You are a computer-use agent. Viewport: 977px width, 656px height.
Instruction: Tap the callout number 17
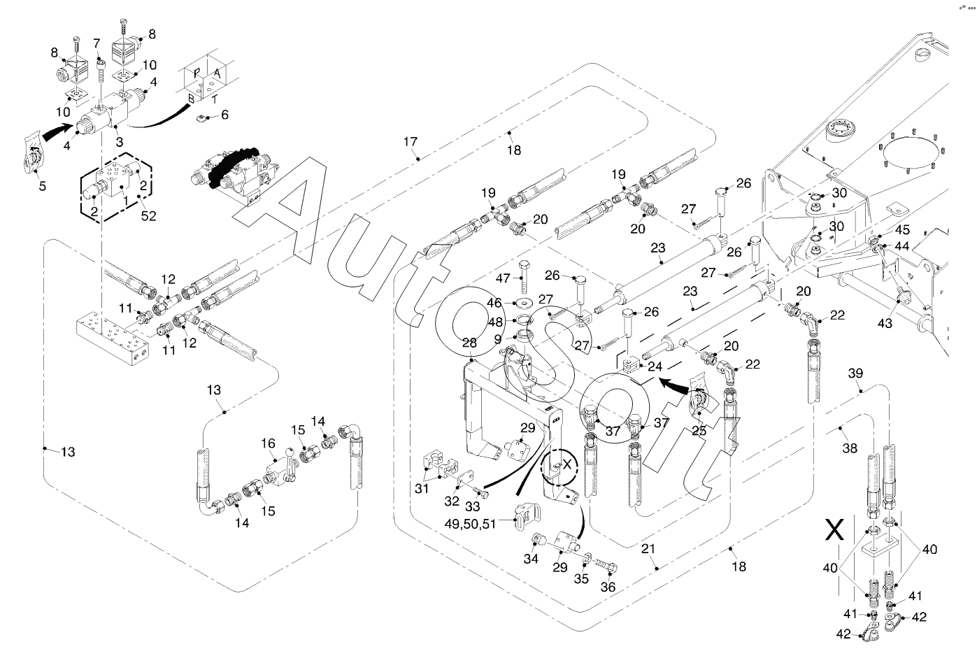(410, 143)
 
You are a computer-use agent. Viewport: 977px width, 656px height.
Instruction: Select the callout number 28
(469, 343)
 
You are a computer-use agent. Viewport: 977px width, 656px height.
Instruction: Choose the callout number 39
(856, 374)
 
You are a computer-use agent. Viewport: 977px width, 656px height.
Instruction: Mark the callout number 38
(849, 448)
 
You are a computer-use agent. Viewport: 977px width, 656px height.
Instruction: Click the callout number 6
(224, 115)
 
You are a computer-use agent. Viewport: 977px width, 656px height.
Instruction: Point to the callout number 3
(120, 142)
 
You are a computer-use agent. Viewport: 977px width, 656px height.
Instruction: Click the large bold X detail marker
(834, 532)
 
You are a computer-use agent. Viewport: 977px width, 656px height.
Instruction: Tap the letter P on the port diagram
(197, 73)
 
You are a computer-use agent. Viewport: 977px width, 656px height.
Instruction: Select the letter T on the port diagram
(214, 99)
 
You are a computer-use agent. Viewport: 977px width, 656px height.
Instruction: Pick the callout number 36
(608, 587)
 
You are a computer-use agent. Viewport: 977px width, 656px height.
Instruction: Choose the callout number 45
(902, 229)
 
